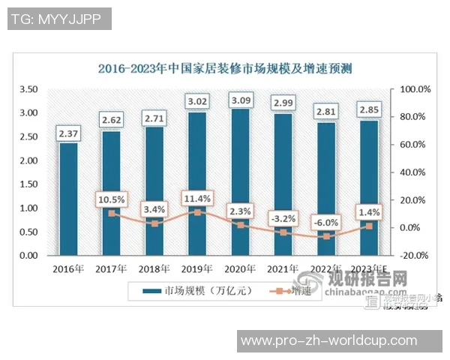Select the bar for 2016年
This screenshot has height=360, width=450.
68,199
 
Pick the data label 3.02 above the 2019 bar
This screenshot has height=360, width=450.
197,100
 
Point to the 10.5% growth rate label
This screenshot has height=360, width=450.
111,199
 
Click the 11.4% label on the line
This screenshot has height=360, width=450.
197,198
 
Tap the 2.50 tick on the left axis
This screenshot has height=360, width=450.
28,136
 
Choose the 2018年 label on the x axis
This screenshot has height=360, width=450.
154,268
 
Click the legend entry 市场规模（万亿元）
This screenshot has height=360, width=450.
195,289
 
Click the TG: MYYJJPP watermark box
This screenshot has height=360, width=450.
59,19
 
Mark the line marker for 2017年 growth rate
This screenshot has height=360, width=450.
111,214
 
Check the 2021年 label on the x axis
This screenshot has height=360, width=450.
283,268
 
